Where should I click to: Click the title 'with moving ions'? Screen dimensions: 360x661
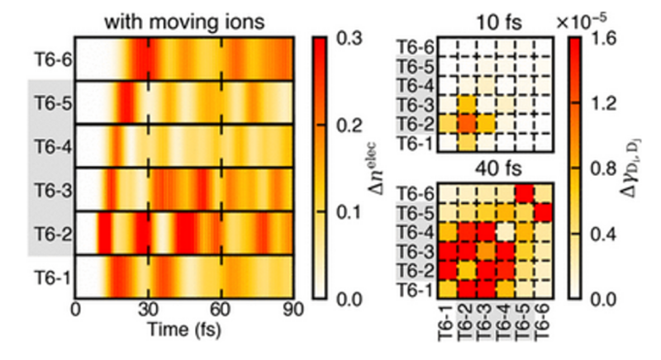[x=183, y=22]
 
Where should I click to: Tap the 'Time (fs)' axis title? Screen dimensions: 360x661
[x=183, y=328]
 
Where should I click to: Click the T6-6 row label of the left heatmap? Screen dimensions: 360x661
[x=51, y=59]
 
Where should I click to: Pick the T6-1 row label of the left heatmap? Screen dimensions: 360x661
[x=51, y=277]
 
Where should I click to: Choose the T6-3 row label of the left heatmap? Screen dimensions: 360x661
[x=51, y=190]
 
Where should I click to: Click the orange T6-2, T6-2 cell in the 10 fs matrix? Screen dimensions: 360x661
[x=465, y=124]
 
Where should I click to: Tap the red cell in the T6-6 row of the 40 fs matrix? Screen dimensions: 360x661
[x=525, y=192]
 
